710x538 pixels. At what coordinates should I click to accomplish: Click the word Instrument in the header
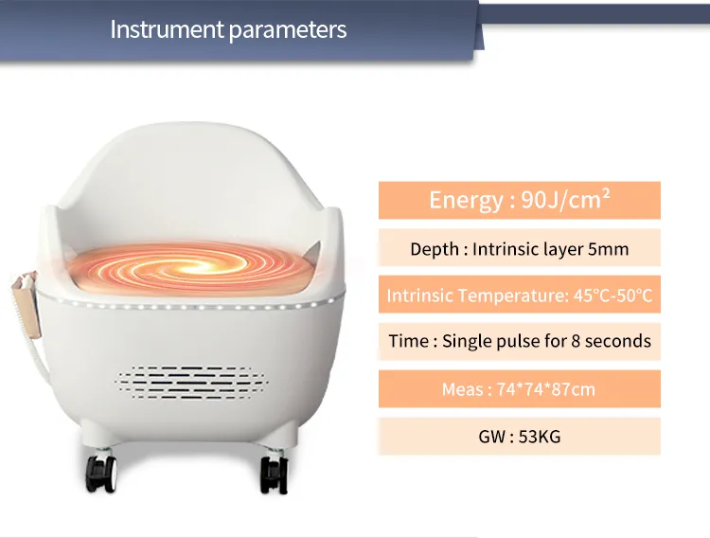tap(167, 29)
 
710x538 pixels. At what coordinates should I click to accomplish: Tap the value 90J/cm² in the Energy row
tap(565, 200)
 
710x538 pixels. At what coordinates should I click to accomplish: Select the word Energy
tap(466, 201)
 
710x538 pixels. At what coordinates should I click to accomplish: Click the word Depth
tap(435, 250)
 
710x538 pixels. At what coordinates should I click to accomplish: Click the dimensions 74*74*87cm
tap(546, 389)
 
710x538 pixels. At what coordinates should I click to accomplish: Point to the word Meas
tap(462, 389)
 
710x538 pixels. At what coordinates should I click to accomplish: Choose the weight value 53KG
tap(540, 437)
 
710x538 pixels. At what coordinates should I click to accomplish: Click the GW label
tap(492, 437)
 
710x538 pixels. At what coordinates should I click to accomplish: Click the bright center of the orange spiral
tap(192, 267)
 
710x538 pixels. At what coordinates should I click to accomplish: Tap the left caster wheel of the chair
tap(102, 474)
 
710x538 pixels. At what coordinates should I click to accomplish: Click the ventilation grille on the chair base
tap(191, 383)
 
